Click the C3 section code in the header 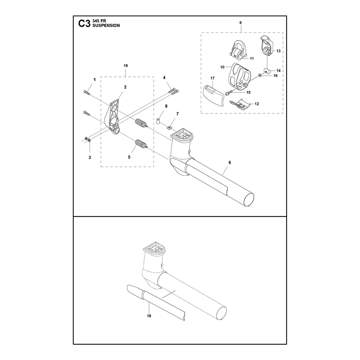point(84,24)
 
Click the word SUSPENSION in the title point(106,26)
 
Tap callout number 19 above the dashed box point(126,66)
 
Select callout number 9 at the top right point(240,23)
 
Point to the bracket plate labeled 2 point(112,117)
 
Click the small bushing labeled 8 point(159,121)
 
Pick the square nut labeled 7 point(170,127)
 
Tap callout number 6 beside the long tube point(230,162)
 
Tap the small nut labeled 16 point(260,75)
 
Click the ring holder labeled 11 point(238,50)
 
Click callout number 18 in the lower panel point(149,316)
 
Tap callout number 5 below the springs point(129,157)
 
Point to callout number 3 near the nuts point(90,157)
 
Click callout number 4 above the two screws point(164,78)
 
